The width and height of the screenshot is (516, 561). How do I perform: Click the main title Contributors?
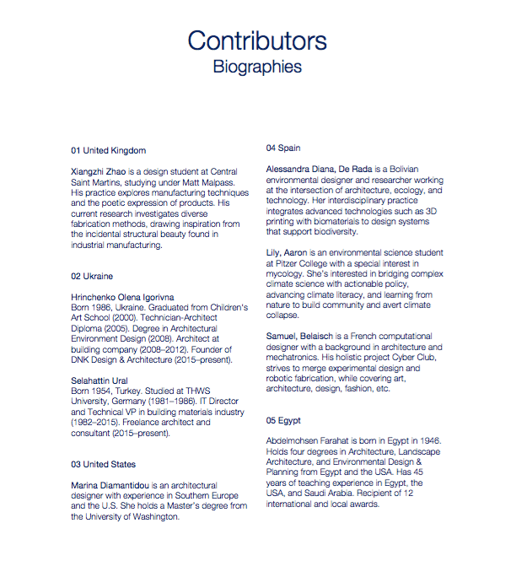(x=257, y=40)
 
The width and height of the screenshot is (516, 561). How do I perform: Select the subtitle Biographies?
(x=257, y=65)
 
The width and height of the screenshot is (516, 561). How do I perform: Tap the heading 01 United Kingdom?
(x=108, y=150)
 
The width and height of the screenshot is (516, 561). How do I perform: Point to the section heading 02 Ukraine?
(x=92, y=276)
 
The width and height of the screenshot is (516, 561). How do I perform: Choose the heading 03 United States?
(x=103, y=464)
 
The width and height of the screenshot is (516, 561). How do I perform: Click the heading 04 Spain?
(x=283, y=147)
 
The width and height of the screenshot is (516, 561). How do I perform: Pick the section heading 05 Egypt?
(x=284, y=420)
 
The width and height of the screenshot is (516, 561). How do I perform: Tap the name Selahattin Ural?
(x=100, y=380)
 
